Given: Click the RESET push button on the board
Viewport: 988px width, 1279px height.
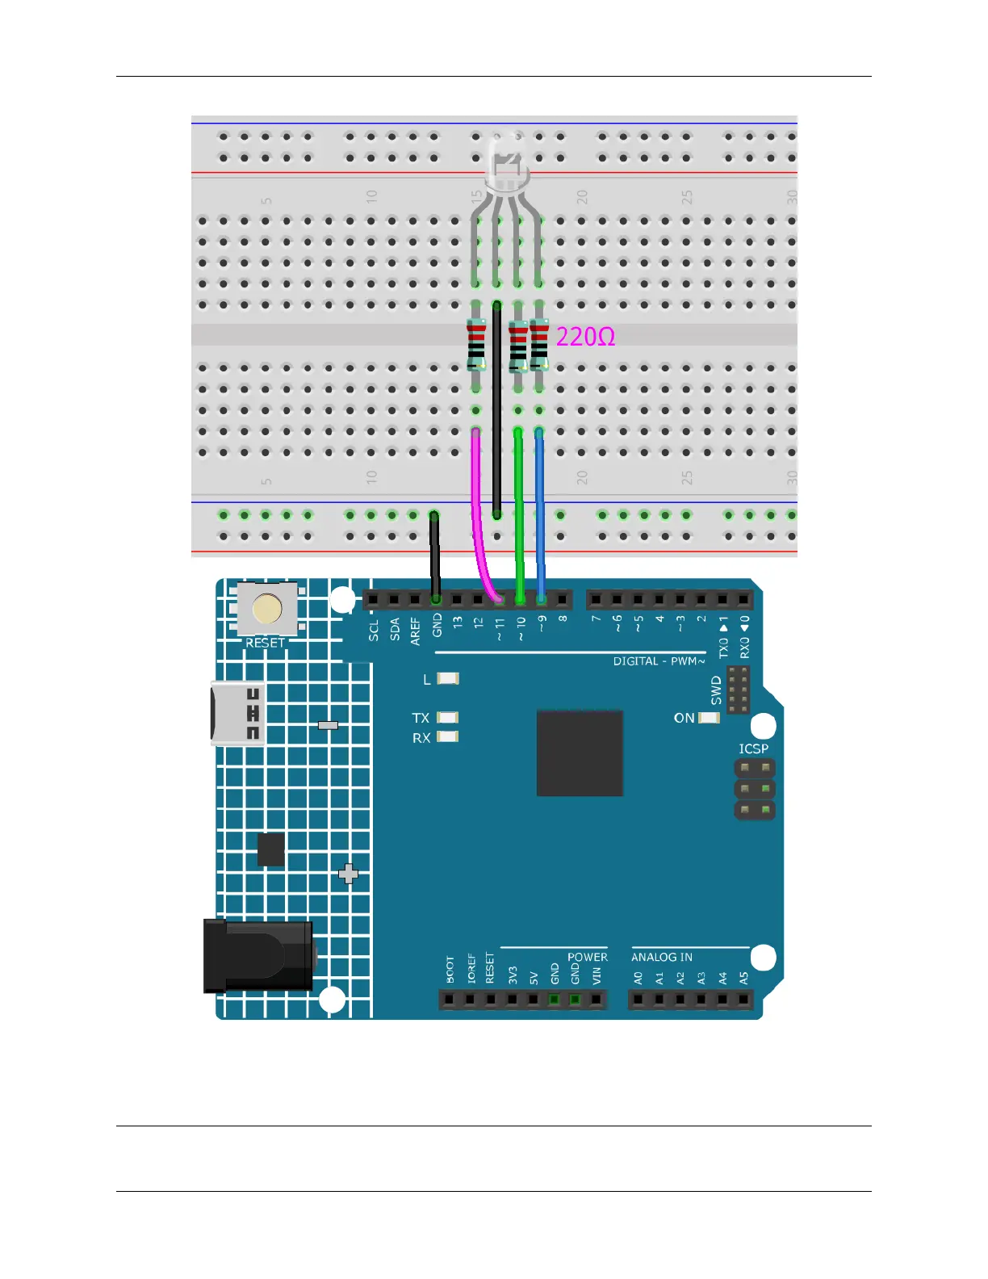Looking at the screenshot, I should [267, 610].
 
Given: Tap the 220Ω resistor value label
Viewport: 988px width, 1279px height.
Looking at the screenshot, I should [585, 337].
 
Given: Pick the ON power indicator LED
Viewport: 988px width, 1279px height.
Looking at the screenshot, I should [710, 718].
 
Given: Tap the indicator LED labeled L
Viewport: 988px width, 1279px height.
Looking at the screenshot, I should [448, 679].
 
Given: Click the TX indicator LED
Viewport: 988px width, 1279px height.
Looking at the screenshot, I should [448, 717].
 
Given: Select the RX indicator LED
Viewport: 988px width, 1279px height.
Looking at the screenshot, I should [448, 736].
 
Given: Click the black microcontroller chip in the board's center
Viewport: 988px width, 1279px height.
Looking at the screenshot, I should [580, 753].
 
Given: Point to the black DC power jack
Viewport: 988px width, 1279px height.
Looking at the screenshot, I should [258, 956].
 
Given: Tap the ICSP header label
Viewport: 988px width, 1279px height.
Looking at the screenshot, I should [753, 749].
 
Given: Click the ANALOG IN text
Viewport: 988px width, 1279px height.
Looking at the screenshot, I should [661, 957].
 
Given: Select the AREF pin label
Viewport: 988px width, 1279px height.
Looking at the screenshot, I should [416, 631].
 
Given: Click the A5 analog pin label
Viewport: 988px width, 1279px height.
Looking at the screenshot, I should [744, 978].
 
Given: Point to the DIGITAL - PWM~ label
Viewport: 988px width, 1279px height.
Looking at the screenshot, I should [659, 661].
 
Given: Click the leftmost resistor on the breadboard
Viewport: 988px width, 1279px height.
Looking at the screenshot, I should [476, 345].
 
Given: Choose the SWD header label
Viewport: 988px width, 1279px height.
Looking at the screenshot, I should [716, 690].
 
